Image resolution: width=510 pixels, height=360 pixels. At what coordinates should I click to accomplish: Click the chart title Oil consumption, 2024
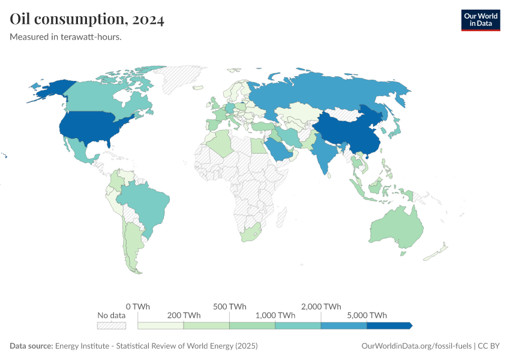coord(88,20)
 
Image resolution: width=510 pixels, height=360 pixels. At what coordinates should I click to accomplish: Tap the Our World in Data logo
coord(480,20)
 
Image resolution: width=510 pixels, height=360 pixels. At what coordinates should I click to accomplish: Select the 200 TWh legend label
coord(184,315)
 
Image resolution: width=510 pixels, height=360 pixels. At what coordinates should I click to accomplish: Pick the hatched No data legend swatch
coord(112,325)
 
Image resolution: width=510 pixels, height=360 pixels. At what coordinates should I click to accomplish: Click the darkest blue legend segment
coord(389,325)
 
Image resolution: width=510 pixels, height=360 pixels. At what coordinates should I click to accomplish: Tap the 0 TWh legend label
coord(138,306)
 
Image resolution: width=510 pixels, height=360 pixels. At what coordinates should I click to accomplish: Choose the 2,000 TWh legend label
coord(322,306)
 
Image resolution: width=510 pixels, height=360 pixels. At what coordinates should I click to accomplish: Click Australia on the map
coord(395,231)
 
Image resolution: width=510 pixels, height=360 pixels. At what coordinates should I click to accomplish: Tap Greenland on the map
coord(183,79)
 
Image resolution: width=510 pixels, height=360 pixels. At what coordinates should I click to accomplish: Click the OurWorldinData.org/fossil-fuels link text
coord(417,346)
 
